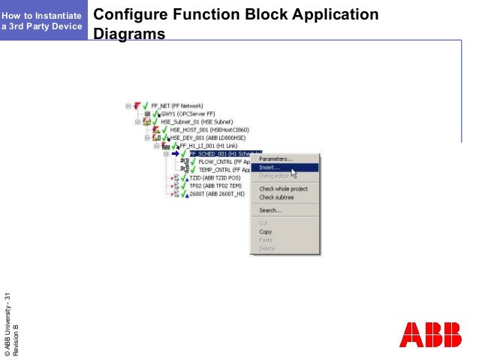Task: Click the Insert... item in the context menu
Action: pos(270,168)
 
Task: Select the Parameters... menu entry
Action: pos(276,159)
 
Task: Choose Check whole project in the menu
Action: pos(283,189)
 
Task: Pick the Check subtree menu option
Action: pos(276,197)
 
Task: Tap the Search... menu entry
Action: pos(270,210)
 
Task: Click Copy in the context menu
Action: pos(266,231)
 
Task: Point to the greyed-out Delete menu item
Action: pos(267,248)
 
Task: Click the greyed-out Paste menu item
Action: pos(266,240)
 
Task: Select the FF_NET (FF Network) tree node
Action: pos(177,106)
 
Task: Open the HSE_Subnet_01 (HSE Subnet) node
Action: pos(197,121)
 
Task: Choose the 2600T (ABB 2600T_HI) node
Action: pos(217,193)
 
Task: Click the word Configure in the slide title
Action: pos(127,15)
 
